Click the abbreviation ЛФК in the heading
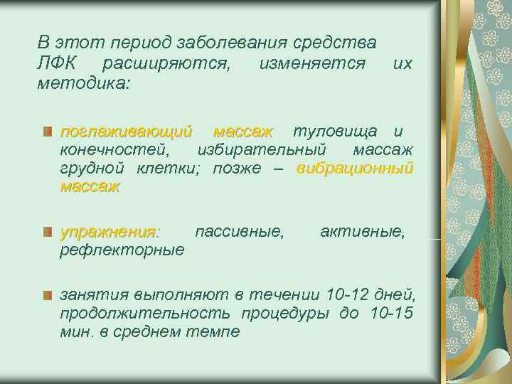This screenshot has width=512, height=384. pos(57,65)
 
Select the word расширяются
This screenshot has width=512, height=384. pos(166,65)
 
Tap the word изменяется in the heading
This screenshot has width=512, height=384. pos(312,65)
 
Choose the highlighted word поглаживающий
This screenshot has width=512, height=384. pos(127,132)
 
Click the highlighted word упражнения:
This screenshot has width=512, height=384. pos(111,232)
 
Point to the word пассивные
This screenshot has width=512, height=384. pos(239,232)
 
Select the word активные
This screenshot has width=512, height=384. pos(363,232)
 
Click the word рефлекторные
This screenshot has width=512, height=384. pos(122,250)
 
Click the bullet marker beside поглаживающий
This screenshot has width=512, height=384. pos(47,132)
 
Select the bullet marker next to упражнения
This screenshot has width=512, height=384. pos(47,232)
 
